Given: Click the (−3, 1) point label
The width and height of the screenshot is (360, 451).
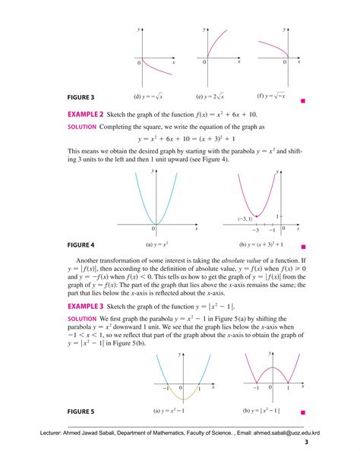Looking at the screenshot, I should coord(245,219).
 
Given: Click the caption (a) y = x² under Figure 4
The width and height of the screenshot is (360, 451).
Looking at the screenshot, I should coord(157,246).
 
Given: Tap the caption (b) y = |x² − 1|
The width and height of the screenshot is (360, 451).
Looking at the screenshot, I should coord(261,412).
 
